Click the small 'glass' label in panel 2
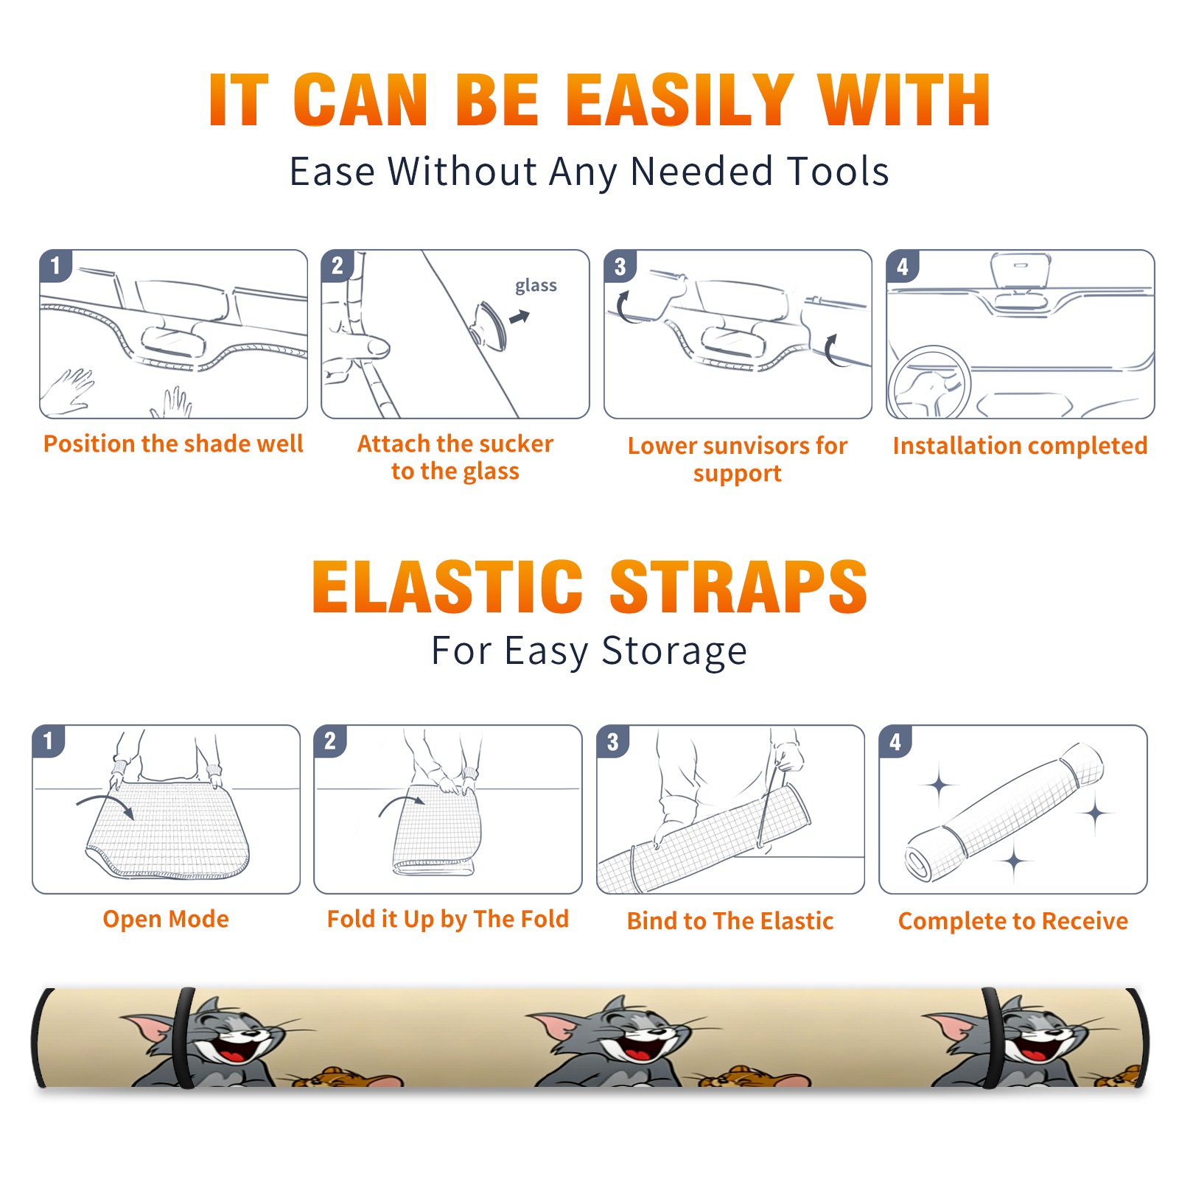(536, 285)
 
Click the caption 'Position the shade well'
(173, 444)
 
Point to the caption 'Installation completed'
(1020, 445)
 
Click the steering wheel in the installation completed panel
(930, 383)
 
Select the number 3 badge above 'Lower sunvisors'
(620, 266)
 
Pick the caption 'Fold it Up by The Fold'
(448, 919)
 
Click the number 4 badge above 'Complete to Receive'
(895, 741)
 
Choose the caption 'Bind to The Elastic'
(730, 921)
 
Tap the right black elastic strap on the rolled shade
(993, 1038)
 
